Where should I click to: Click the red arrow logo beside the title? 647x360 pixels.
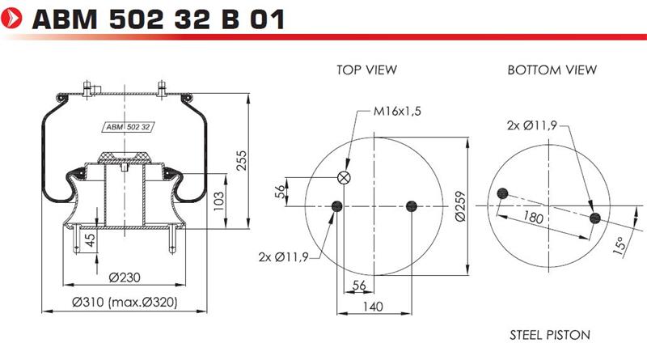click(x=11, y=19)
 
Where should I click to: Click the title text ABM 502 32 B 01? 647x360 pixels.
click(x=159, y=19)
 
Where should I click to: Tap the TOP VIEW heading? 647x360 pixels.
click(x=366, y=70)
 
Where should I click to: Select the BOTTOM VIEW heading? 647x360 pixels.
click(x=552, y=70)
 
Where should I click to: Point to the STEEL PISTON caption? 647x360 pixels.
click(x=550, y=335)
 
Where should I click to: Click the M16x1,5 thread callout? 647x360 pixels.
click(x=397, y=111)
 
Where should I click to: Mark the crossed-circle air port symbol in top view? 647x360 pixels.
click(x=344, y=178)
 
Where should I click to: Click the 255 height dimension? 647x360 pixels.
click(x=241, y=161)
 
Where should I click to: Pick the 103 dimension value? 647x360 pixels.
click(x=219, y=201)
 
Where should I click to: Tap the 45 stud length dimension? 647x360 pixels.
click(x=89, y=239)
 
